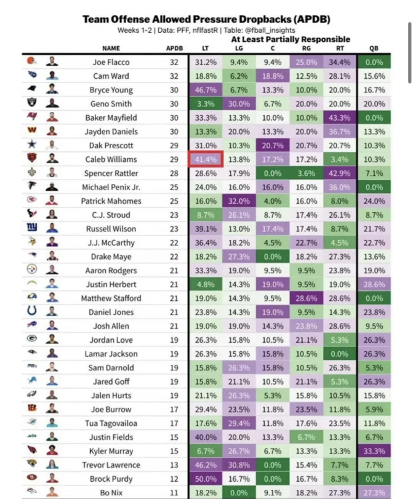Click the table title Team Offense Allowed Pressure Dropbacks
(206, 19)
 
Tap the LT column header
(205, 48)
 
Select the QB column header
(374, 48)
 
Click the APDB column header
(174, 48)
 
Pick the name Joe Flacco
(111, 62)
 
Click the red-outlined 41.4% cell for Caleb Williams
(205, 159)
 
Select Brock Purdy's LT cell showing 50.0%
(205, 479)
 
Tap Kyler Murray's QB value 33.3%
(375, 451)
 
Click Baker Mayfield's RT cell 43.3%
(340, 118)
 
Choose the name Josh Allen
(111, 326)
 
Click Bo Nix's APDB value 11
(174, 493)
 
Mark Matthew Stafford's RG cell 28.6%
(307, 298)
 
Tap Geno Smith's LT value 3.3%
(205, 104)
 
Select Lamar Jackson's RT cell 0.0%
(340, 354)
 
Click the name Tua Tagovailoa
(111, 423)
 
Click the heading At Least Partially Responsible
(291, 39)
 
